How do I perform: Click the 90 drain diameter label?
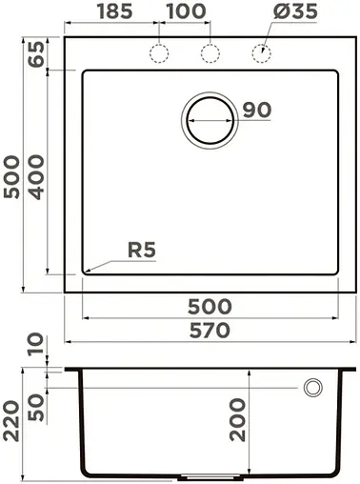[x=256, y=111]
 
